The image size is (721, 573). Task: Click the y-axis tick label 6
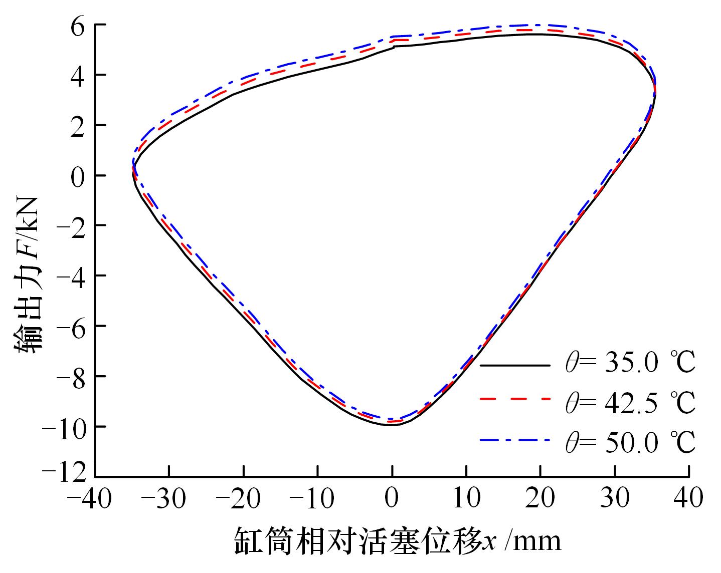[x=81, y=25]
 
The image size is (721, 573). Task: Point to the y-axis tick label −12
[x=67, y=475]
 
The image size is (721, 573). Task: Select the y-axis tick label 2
[x=81, y=125]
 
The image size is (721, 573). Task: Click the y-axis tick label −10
[x=67, y=426]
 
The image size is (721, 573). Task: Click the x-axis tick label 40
[x=689, y=498]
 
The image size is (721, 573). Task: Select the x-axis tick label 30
[x=615, y=498]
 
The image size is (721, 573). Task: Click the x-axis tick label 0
[x=392, y=498]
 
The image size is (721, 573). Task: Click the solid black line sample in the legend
[x=514, y=365]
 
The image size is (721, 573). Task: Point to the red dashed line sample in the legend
[x=514, y=399]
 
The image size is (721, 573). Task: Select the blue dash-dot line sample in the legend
[x=514, y=440]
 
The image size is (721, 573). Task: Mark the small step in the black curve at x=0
[x=394, y=47]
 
